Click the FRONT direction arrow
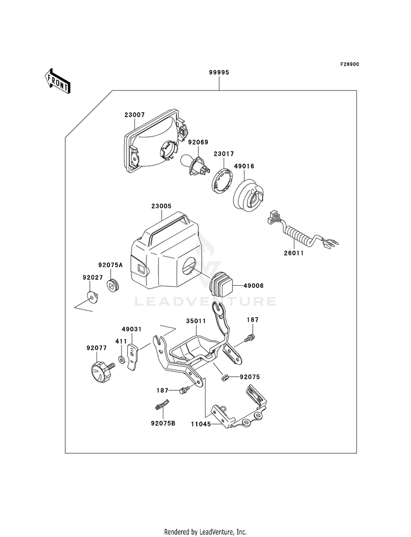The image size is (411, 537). pos(57,80)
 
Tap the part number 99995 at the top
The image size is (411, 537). pos(219,72)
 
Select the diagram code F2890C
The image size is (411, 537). pos(349,65)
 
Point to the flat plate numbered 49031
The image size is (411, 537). pos(133,357)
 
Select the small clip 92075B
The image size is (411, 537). pos(161,405)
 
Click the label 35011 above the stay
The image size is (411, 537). pos(196,321)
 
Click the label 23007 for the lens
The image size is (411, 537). pos(135,115)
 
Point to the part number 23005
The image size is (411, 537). pos(161,206)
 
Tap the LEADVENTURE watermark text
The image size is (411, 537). pos(206,302)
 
